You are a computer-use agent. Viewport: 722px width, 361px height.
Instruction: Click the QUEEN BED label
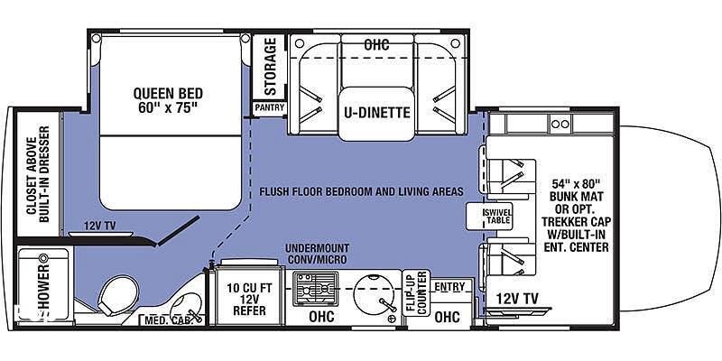[168, 100]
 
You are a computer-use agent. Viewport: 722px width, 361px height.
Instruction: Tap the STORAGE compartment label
[271, 66]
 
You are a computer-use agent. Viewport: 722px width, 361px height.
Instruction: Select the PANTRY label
[269, 108]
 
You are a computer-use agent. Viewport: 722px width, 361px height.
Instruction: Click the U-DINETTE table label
[376, 112]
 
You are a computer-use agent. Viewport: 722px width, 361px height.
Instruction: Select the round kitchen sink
[374, 294]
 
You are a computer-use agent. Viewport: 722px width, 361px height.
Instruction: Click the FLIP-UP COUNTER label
[416, 292]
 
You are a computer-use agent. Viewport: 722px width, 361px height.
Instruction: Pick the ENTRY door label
[449, 287]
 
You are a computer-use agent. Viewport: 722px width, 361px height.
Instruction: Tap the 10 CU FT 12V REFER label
[249, 300]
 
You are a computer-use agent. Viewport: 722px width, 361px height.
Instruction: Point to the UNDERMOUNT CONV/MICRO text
[317, 254]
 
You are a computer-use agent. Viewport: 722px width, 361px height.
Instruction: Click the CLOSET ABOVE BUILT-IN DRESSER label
[38, 180]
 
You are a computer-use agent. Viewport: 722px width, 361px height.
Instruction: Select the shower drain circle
[44, 257]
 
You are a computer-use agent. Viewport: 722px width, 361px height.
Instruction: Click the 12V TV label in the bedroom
[99, 226]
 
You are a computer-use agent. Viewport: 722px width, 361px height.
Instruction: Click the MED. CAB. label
[165, 319]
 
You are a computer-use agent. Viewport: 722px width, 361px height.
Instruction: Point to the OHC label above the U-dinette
[376, 45]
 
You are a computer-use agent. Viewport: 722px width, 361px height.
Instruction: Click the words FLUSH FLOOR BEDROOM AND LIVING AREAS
[362, 191]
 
